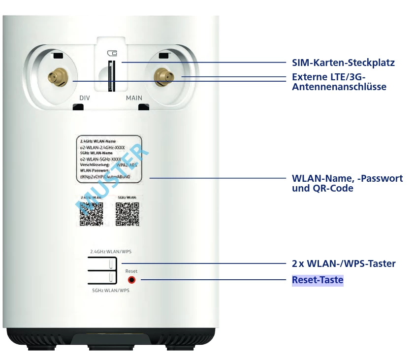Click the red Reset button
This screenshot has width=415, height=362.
(x=132, y=280)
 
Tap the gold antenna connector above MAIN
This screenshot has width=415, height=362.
(x=162, y=76)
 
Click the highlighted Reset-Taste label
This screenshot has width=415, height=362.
(x=318, y=280)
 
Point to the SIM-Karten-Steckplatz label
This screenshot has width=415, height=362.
(x=343, y=63)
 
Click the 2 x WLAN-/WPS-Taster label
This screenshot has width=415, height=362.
(x=344, y=263)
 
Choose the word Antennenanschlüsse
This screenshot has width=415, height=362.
(x=339, y=87)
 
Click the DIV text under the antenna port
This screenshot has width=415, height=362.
(x=85, y=98)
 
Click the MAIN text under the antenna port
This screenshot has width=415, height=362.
(x=134, y=98)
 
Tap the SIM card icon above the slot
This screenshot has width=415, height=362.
(x=112, y=53)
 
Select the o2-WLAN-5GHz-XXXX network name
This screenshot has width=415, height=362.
(x=101, y=159)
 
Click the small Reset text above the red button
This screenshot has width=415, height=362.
(x=131, y=271)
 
